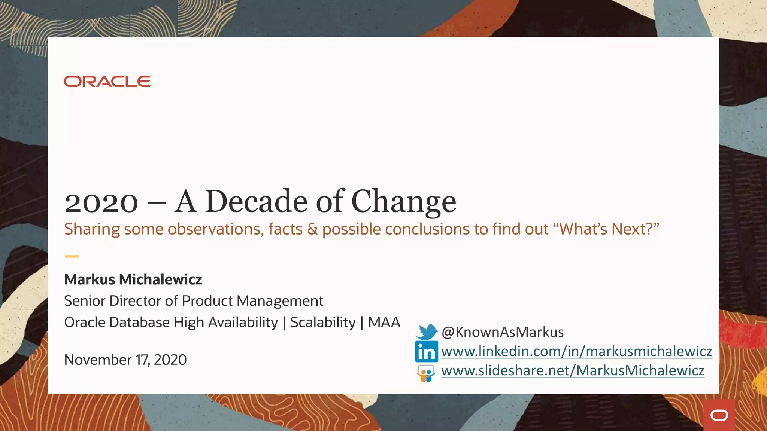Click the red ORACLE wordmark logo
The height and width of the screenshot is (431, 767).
point(107,81)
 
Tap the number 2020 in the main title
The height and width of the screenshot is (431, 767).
point(101,202)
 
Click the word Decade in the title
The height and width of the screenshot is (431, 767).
point(256,202)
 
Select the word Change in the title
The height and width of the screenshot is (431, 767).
point(404,202)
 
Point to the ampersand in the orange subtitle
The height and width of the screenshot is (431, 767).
point(312,229)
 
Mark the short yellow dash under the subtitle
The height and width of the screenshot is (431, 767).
point(72,256)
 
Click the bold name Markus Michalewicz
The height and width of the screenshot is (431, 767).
point(133,279)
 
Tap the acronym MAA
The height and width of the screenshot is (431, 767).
point(384,322)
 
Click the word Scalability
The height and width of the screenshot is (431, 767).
point(323,322)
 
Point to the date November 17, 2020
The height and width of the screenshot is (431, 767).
point(125,360)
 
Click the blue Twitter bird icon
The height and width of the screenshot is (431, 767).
point(427,332)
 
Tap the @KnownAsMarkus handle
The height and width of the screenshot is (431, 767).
point(503,332)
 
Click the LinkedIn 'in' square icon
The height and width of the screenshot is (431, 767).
point(426,351)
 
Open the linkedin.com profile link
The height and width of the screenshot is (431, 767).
point(576,351)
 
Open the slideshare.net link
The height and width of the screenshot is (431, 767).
point(573,370)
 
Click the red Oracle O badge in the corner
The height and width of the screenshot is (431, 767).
point(719,415)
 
